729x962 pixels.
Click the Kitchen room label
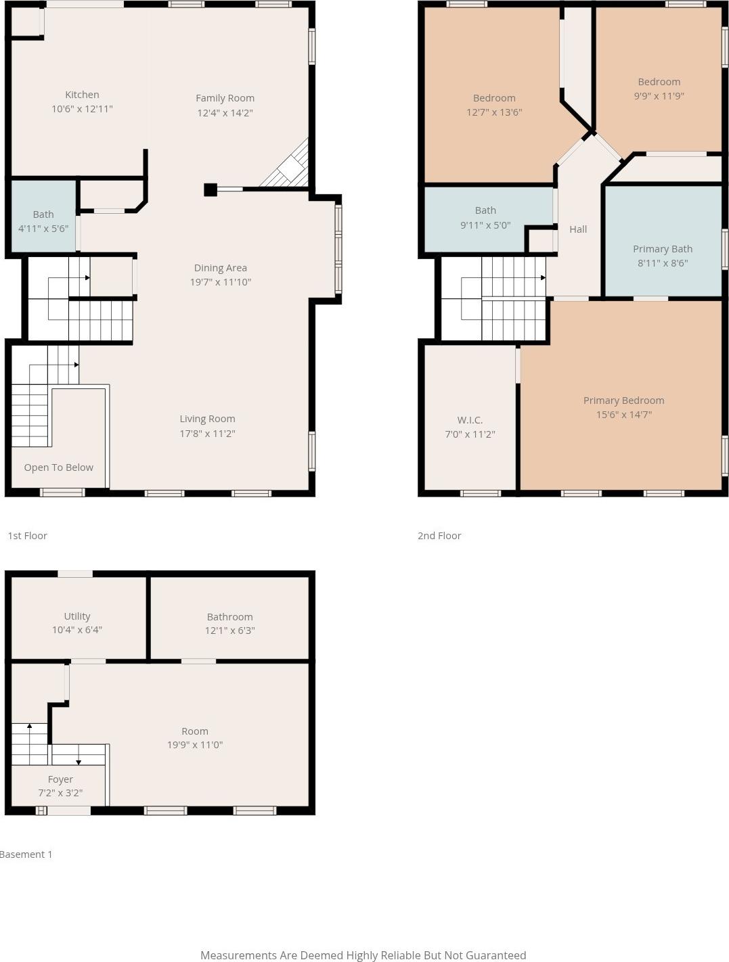82,95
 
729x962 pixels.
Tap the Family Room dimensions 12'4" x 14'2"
225,112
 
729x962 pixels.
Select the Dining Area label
221,268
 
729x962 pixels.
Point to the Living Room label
207,419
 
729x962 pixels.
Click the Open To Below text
59,467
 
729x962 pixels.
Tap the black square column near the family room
211,189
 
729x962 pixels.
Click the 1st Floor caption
27,536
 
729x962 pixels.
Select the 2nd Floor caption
439,536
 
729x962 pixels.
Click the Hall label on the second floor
578,229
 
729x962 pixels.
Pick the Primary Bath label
663,249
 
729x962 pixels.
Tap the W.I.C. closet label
470,420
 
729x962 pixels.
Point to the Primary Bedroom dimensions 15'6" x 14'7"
624,415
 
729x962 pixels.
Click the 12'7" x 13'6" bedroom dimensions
494,112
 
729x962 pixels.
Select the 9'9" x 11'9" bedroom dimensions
659,96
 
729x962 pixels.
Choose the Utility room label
77,617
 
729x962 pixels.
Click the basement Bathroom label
229,617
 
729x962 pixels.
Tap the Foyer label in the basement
60,779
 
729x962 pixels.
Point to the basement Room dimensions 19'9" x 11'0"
195,745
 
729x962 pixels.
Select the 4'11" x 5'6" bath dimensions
43,229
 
